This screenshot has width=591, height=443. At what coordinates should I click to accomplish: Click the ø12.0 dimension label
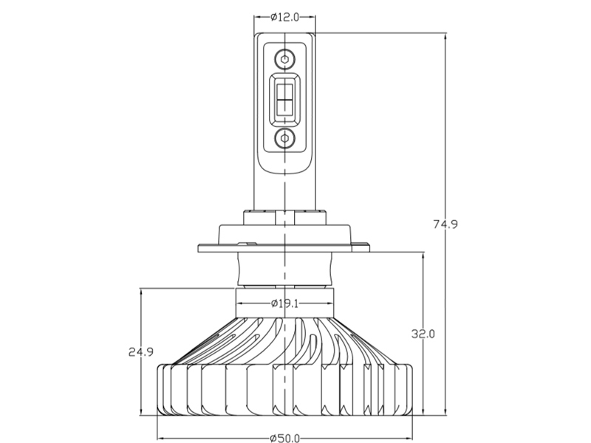click(284, 17)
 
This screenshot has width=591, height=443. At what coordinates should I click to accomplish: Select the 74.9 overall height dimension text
click(445, 224)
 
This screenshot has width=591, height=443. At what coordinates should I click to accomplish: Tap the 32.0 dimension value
click(423, 334)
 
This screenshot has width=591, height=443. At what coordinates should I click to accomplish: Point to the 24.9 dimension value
click(141, 352)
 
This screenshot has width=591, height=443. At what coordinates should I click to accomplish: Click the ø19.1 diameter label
click(284, 303)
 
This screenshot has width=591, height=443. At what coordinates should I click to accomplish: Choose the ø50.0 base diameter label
click(284, 438)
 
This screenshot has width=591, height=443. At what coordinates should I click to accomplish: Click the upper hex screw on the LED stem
click(284, 59)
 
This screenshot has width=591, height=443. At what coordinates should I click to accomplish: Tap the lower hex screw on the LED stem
click(284, 138)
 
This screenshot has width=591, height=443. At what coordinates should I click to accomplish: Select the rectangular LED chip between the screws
click(284, 99)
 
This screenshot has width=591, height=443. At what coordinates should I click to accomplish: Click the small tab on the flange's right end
click(361, 247)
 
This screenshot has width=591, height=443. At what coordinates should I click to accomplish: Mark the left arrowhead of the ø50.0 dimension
click(161, 438)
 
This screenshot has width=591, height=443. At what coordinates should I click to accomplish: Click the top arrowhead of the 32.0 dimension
click(423, 255)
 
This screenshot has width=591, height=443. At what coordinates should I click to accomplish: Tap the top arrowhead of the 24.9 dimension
click(141, 292)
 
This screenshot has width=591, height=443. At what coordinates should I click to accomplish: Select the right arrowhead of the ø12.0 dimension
click(311, 17)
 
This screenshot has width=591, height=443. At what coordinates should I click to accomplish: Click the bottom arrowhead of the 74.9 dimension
click(445, 411)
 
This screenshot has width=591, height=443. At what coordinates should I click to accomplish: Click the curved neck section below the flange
click(285, 268)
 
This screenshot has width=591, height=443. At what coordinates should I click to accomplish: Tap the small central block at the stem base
click(284, 218)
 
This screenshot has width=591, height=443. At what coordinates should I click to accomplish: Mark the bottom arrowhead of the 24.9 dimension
click(141, 411)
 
